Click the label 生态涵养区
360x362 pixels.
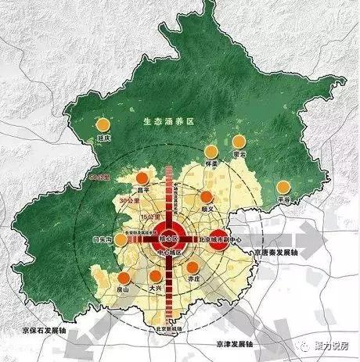[167, 123]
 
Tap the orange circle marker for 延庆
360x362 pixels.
[101, 124]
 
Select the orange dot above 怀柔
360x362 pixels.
[209, 152]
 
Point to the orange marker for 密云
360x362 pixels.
[239, 142]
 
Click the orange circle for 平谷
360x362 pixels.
[283, 188]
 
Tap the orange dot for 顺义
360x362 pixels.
[207, 197]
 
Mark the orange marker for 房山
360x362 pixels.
[124, 278]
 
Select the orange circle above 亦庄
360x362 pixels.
[193, 267]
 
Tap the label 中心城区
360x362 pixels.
[168, 253]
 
